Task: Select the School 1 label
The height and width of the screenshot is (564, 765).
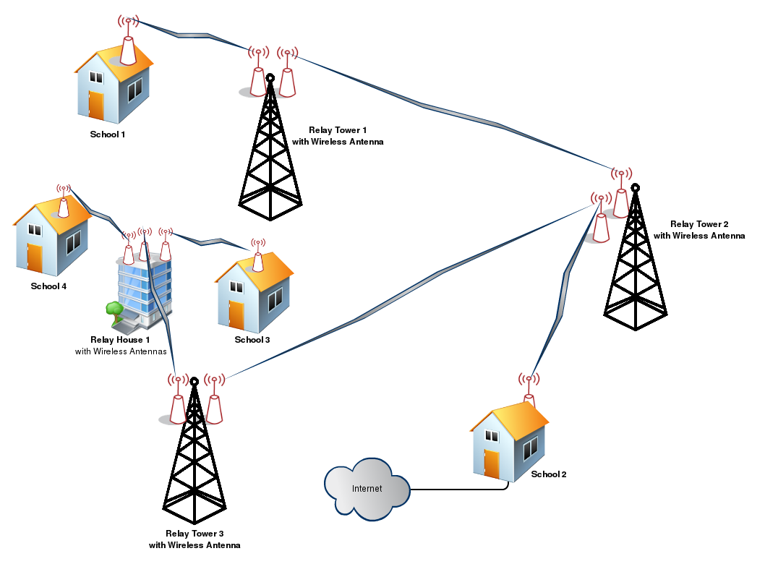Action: (x=108, y=134)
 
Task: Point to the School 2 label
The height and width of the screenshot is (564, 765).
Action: (x=549, y=474)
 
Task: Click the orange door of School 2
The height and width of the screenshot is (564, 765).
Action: (x=492, y=463)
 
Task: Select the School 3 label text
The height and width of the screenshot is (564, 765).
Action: (x=252, y=340)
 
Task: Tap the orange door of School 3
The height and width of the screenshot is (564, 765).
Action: (x=236, y=314)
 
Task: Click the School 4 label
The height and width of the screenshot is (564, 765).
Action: (x=48, y=286)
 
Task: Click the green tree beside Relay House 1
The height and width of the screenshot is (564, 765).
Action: (x=113, y=310)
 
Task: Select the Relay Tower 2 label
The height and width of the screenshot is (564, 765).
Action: (x=698, y=230)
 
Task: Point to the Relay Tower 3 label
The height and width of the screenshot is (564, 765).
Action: (x=195, y=539)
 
